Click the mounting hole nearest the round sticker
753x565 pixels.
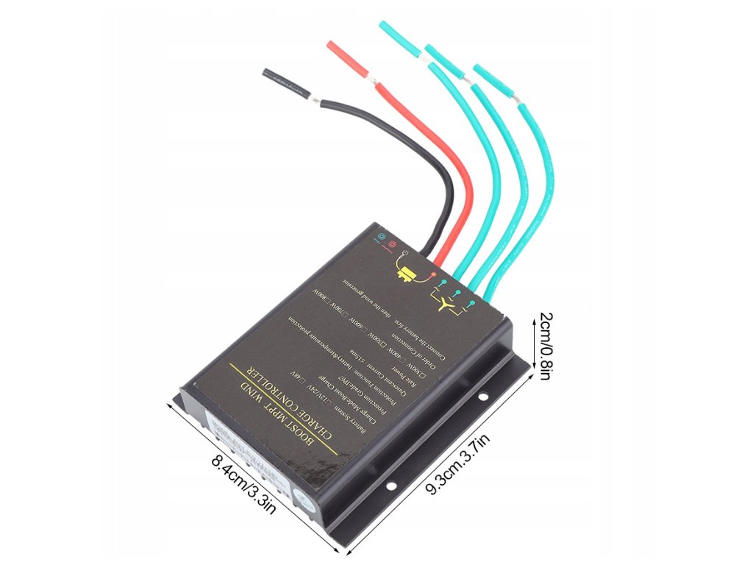[x=391, y=486]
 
